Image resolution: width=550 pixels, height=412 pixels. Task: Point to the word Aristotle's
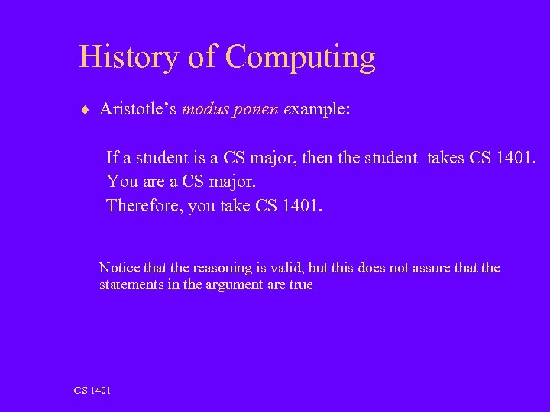pos(138,109)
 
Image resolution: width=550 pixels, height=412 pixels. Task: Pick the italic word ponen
pos(256,111)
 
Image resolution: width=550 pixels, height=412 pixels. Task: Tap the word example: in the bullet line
pos(317,110)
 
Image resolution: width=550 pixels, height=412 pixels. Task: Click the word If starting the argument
pos(113,158)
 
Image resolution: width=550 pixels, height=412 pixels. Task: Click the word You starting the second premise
pos(123,182)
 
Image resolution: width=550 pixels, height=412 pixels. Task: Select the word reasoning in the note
pos(222,269)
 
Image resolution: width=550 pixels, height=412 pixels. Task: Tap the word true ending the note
pos(300,285)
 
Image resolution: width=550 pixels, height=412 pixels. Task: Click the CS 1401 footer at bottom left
pos(92,391)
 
